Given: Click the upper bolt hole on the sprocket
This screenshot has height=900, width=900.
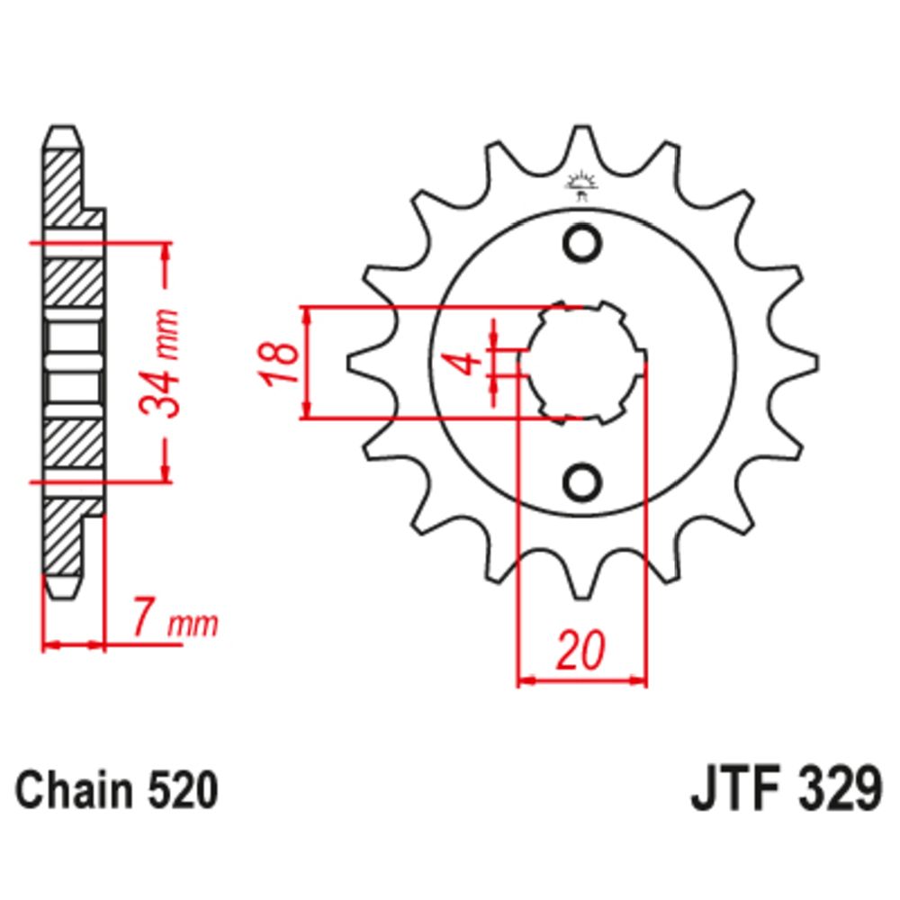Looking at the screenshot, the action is point(582,243).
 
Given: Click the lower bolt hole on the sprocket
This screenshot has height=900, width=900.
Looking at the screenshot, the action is point(582,481).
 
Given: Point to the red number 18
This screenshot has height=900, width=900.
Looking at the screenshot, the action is point(280,364).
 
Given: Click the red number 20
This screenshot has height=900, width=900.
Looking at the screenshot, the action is point(581,650).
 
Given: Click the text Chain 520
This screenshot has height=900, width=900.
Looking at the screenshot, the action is point(116,790).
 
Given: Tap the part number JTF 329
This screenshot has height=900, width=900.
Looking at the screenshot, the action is point(786,790).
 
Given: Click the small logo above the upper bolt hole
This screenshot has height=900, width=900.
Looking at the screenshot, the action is point(581,185).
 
